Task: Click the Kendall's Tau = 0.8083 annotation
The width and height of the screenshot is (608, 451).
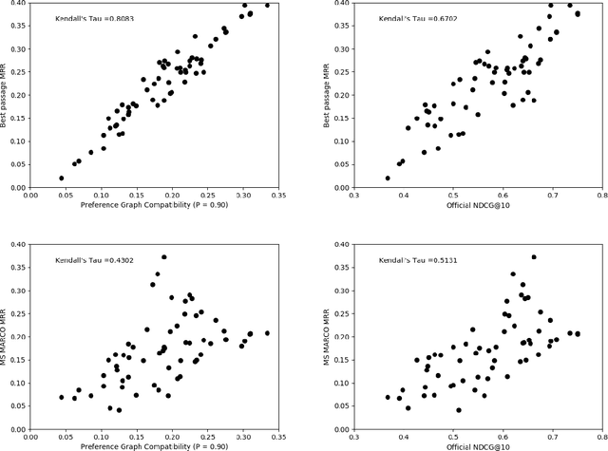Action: tap(85, 19)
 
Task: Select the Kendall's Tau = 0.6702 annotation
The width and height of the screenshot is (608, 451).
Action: tap(409, 19)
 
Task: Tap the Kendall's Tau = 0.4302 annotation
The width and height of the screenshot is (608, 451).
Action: tap(85, 259)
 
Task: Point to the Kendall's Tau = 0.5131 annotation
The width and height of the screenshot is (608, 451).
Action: tap(409, 259)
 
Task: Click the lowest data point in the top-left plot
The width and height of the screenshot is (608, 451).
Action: tap(61, 178)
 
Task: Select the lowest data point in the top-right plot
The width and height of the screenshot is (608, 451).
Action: tap(388, 178)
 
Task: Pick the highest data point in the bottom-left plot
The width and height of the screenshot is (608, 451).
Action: tap(163, 256)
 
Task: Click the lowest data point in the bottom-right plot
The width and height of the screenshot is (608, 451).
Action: tap(458, 410)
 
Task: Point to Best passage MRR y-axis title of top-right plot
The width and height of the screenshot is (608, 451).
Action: tap(332, 95)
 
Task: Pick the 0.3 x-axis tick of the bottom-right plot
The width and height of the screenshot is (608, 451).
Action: tap(354, 438)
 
